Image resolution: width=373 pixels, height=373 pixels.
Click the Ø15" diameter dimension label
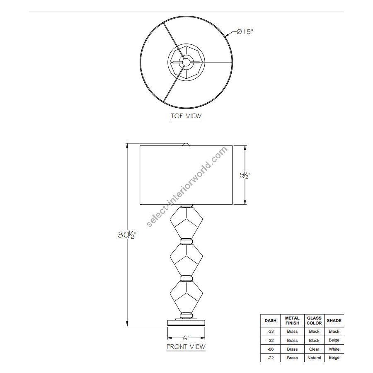tap(245, 31)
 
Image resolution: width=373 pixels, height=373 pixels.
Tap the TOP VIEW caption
tap(186, 116)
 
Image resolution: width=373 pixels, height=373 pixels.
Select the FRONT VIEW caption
tap(186, 346)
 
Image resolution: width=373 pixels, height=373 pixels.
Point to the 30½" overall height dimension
tap(127, 235)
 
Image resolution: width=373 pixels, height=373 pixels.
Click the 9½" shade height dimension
tap(245, 175)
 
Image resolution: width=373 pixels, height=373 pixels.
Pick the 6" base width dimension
tap(186, 337)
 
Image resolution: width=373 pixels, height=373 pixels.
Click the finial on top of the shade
tap(186, 144)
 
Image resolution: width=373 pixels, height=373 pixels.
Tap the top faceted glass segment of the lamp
tap(186, 223)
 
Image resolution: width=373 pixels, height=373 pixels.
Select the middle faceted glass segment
tap(186, 260)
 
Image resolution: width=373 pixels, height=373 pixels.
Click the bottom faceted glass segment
tap(186, 297)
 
